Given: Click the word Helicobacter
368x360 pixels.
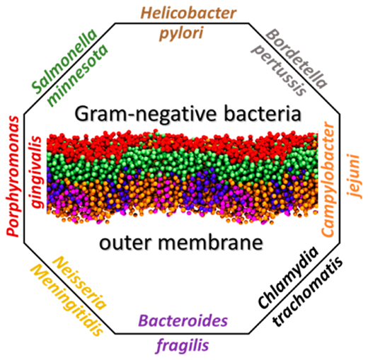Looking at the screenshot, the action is [188, 13].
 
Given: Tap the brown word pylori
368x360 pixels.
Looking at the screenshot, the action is [181, 33].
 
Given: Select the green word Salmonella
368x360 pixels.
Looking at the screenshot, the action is [64, 62].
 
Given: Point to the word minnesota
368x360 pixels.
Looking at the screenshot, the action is [77, 76].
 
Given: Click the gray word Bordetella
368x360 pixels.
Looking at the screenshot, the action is [297, 59].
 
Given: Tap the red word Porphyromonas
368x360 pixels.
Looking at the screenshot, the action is [13, 176].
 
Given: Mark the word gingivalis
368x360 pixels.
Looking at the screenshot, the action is [37, 172].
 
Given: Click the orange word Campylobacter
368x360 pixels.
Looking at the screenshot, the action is [328, 179].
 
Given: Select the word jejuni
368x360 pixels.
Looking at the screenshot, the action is [354, 176].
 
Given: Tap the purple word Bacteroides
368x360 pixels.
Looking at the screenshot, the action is [183, 321].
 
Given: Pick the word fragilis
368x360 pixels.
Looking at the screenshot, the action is [183, 346].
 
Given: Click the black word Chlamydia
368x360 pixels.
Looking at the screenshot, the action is [288, 278].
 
